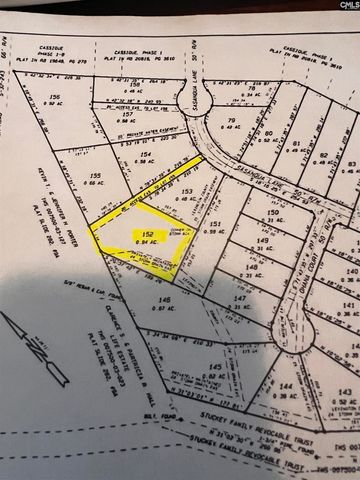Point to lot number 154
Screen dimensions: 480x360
(x=144, y=156)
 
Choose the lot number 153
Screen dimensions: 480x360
(x=187, y=190)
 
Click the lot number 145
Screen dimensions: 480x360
(x=215, y=369)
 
